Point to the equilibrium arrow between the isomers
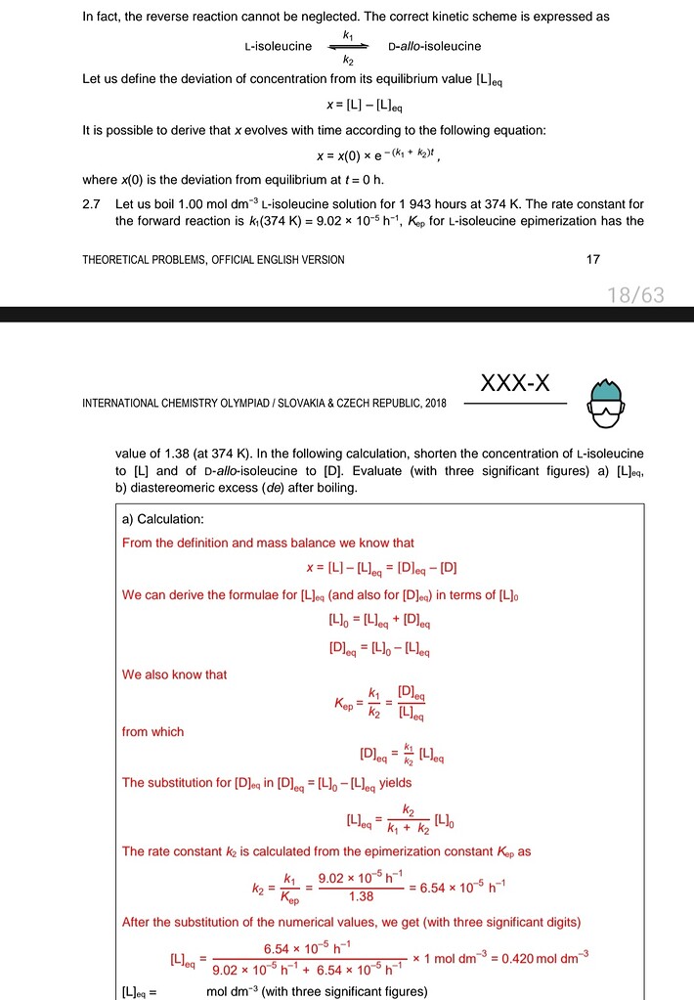(x=347, y=46)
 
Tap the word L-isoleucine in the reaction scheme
(x=279, y=46)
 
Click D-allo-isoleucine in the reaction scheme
(x=434, y=46)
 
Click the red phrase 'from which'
(x=152, y=731)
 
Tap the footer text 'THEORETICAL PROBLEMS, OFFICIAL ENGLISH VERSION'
(x=214, y=259)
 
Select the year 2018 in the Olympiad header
(x=432, y=403)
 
